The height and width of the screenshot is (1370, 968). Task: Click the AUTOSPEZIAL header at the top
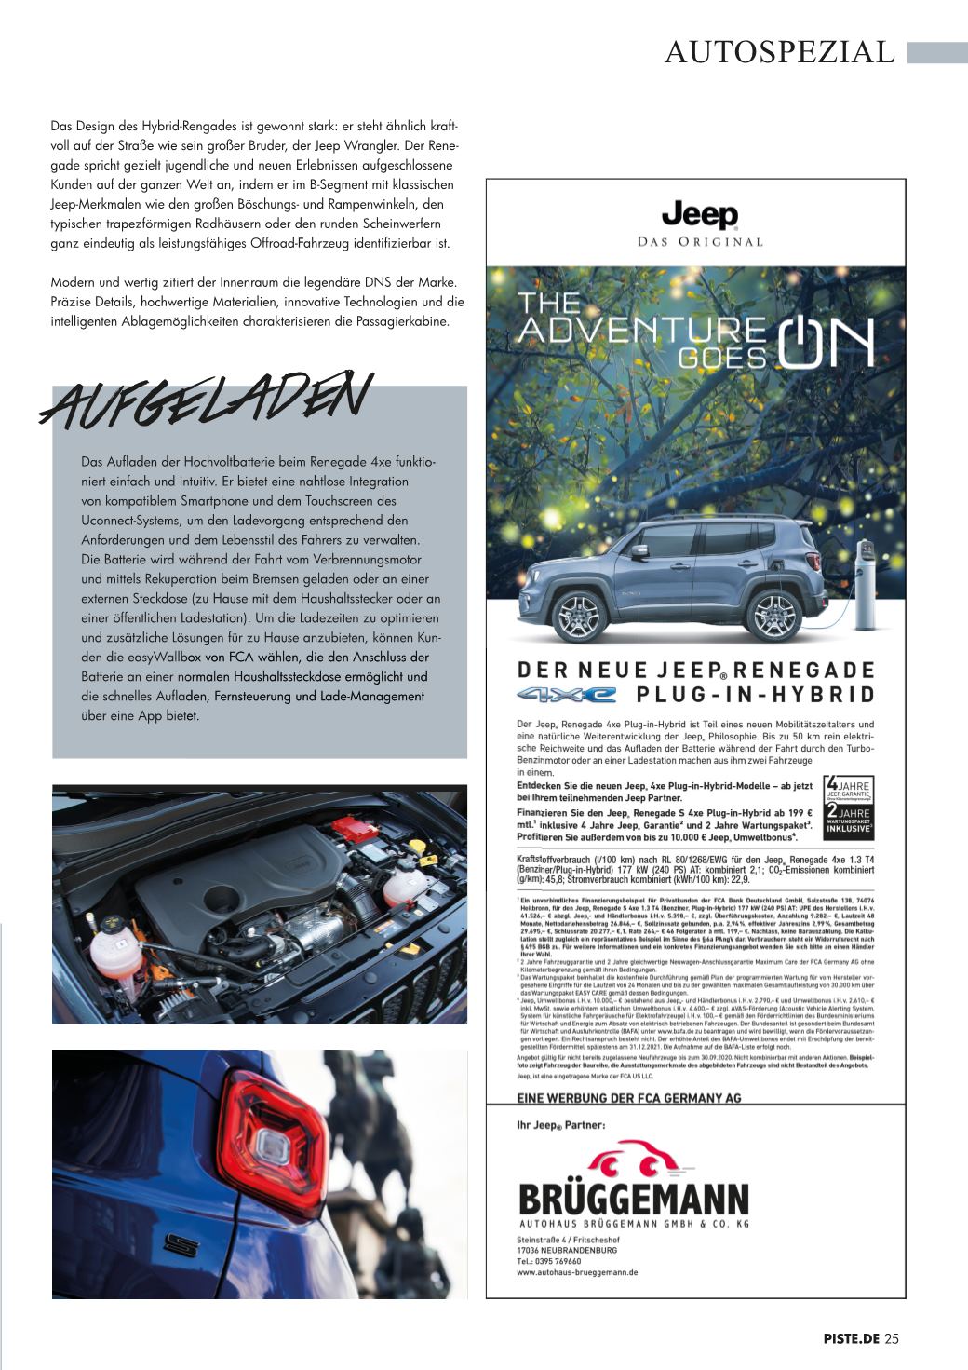(779, 52)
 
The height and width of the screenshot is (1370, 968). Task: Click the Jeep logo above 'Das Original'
(699, 215)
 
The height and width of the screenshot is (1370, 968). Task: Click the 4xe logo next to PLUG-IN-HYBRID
(567, 694)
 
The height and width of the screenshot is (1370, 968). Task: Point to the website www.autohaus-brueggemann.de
(577, 1271)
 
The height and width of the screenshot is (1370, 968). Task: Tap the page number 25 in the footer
(892, 1339)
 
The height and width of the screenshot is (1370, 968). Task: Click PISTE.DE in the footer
(851, 1339)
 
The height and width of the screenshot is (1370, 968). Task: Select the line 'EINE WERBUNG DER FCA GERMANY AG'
(628, 1098)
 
